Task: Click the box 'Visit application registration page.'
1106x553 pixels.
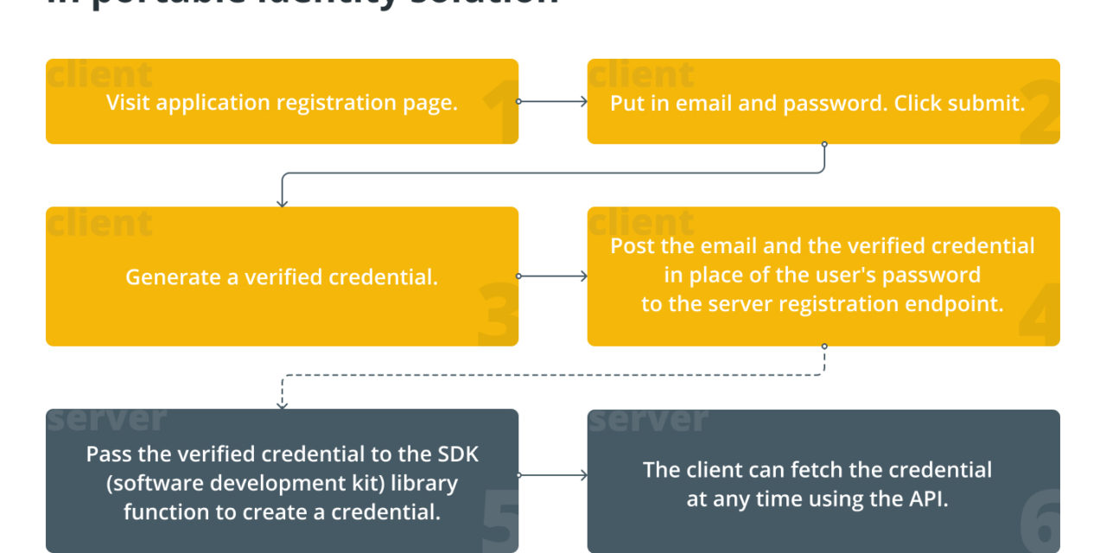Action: pyautogui.click(x=282, y=102)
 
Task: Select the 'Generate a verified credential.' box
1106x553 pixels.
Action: pyautogui.click(x=282, y=276)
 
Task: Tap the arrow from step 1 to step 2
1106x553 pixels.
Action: pyautogui.click(x=553, y=101)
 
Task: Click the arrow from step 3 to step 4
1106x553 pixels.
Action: pyautogui.click(x=553, y=276)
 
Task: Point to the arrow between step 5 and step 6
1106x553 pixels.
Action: pyautogui.click(x=553, y=475)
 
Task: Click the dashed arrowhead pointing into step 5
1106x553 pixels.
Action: pyautogui.click(x=282, y=403)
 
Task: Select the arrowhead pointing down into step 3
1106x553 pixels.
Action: pyautogui.click(x=282, y=201)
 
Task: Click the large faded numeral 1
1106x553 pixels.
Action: pyautogui.click(x=499, y=112)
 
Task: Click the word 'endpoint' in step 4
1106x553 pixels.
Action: pyautogui.click(x=959, y=304)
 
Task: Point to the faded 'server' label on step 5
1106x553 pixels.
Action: pyautogui.click(x=106, y=419)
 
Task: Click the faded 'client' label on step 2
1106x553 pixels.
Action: pyautogui.click(x=642, y=75)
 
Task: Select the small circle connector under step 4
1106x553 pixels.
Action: pyautogui.click(x=824, y=346)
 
